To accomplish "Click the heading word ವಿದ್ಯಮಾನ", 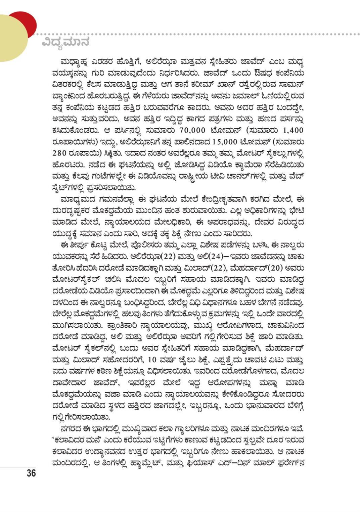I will coord(66,42).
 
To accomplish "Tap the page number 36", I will coord(31,473).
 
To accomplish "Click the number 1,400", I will coord(293,130).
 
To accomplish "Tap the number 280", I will coord(60,153).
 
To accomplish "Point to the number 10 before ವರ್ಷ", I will coord(152,360).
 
